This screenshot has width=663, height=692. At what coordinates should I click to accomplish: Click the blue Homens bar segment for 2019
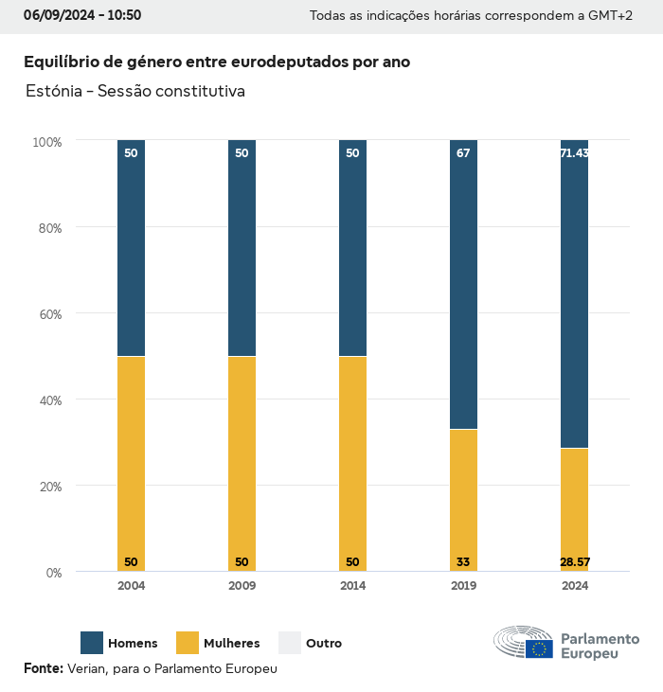(x=463, y=284)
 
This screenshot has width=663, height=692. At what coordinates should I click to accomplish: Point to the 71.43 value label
(x=574, y=152)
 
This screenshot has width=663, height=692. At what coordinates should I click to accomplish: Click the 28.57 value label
(x=574, y=562)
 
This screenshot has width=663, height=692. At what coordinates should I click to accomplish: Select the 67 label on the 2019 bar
(x=463, y=152)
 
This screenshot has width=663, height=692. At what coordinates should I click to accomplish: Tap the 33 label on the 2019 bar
(x=463, y=562)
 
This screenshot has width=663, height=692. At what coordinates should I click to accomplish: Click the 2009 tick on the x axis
(x=242, y=586)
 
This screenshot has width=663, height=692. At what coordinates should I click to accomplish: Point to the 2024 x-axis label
(x=574, y=586)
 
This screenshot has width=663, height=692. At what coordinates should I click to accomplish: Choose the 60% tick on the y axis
(x=48, y=313)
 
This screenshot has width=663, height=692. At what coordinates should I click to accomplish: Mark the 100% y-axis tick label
(x=46, y=142)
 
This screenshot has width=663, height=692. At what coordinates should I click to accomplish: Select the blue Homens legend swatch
(x=92, y=643)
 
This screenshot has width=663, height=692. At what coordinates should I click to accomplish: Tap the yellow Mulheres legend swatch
(x=188, y=643)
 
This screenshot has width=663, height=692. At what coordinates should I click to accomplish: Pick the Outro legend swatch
(x=289, y=643)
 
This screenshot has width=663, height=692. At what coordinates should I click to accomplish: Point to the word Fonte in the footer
(x=43, y=668)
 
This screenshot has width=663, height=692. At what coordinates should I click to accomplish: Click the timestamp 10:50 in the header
(x=124, y=15)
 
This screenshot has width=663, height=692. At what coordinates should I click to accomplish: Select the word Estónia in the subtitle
(x=53, y=92)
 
